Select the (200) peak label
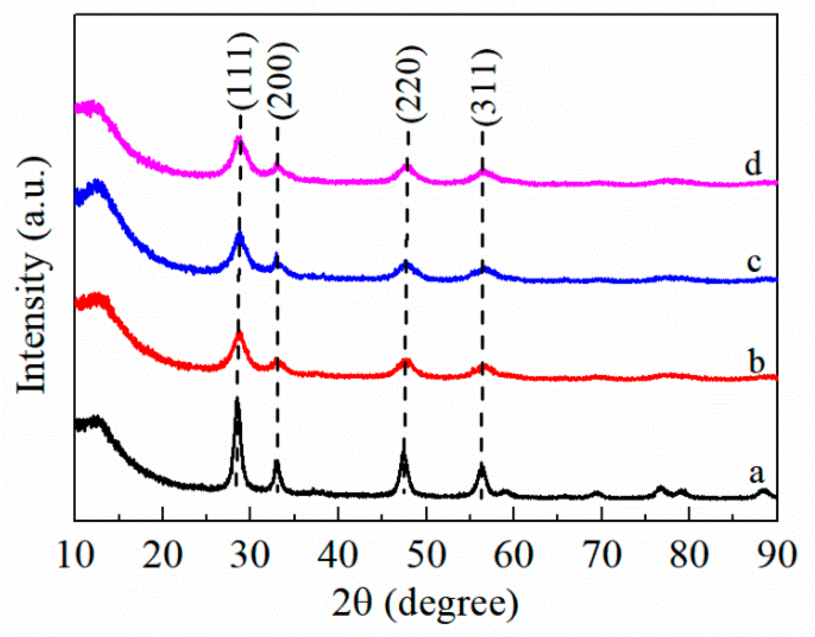click(x=282, y=81)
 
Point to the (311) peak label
click(x=485, y=87)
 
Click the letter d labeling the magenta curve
click(x=753, y=165)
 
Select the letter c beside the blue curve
click(x=754, y=262)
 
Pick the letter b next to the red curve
click(x=756, y=362)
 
